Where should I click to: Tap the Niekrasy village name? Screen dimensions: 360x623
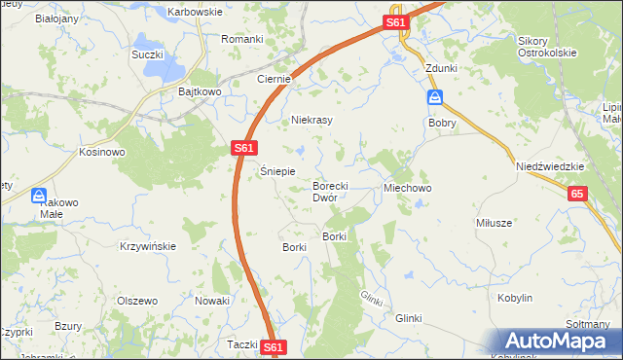point(312,121)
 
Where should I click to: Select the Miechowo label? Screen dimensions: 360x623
point(407,187)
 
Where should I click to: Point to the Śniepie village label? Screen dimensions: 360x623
point(277,170)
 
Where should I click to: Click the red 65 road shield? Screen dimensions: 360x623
point(578,195)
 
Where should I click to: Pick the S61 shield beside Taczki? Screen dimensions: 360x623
point(275,346)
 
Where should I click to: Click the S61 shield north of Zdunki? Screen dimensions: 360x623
point(394,22)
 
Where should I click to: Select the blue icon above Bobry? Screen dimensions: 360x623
point(435,98)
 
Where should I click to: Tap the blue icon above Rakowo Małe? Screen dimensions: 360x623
point(39,196)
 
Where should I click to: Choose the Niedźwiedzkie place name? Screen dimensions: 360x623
point(550,166)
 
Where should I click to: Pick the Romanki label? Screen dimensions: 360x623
point(241,39)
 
